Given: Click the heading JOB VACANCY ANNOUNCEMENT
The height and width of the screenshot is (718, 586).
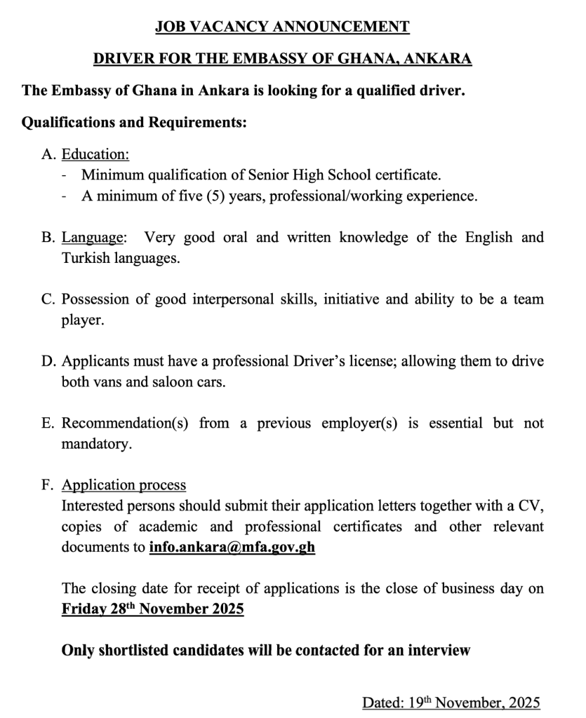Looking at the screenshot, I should pyautogui.click(x=282, y=27).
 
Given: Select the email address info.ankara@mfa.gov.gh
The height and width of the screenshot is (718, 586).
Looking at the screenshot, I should pyautogui.click(x=232, y=548).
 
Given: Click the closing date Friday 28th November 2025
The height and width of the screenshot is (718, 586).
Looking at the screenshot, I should pyautogui.click(x=152, y=609).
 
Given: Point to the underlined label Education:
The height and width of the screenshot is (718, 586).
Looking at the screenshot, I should pyautogui.click(x=95, y=154).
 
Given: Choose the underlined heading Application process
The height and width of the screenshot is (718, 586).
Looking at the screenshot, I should pyautogui.click(x=124, y=485).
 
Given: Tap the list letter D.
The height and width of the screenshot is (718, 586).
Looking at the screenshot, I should pyautogui.click(x=48, y=362).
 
